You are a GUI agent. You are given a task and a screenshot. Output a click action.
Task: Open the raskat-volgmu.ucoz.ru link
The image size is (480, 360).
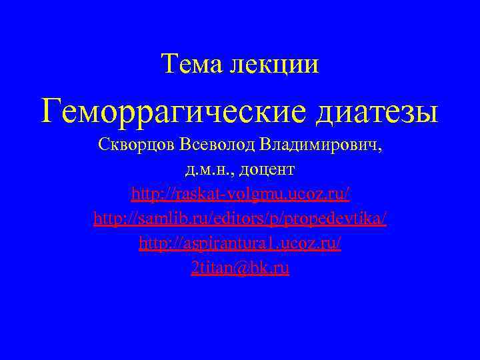(x=240, y=193)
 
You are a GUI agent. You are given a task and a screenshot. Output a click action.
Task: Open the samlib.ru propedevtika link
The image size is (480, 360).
(x=240, y=218)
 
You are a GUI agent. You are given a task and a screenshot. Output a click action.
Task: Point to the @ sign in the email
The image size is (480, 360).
(x=246, y=268)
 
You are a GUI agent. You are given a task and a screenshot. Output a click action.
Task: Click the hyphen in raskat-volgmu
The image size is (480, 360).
(x=227, y=195)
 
